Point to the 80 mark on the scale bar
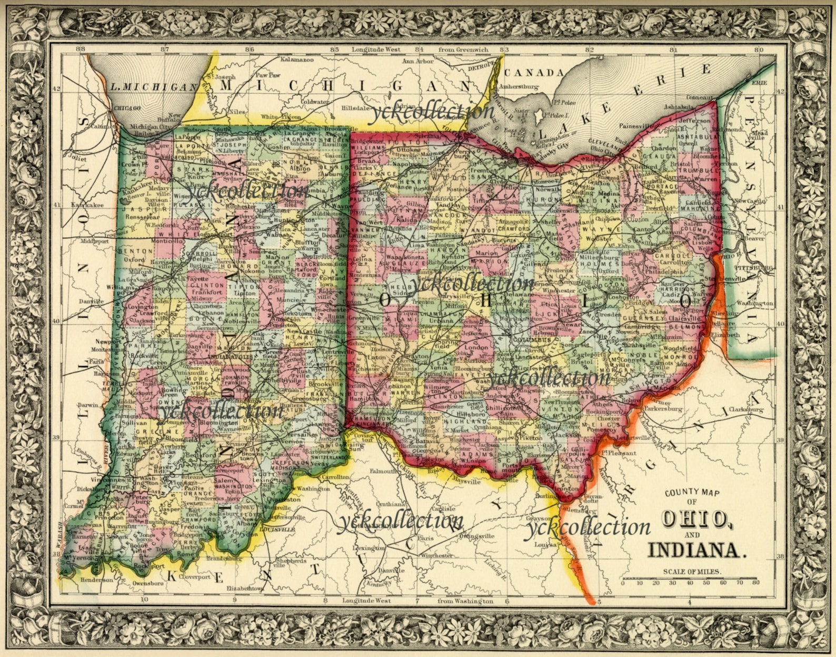[756, 583]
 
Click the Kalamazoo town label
[297, 60]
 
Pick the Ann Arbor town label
[417, 61]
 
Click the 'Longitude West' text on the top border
[376, 50]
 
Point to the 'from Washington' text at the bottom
[465, 601]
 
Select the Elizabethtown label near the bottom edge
[245, 588]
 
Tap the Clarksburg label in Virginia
[746, 409]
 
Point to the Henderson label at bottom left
[96, 580]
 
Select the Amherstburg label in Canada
[519, 86]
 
